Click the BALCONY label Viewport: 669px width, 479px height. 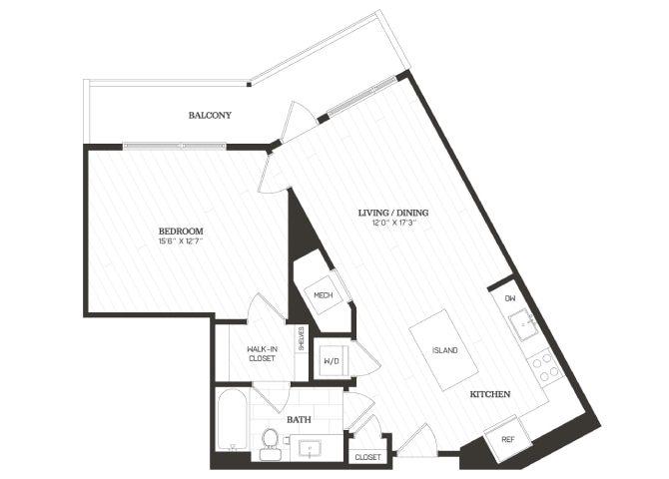210,115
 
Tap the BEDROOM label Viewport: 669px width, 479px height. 181,232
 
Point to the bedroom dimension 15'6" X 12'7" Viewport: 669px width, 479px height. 181,240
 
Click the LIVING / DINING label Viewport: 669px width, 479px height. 393,213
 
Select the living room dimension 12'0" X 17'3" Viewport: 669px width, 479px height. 393,223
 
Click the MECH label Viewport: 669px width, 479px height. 323,295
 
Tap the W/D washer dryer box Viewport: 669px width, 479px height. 332,361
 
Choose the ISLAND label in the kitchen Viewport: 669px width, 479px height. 444,350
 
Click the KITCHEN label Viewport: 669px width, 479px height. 490,394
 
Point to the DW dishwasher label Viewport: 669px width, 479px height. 510,298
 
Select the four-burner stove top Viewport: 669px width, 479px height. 546,367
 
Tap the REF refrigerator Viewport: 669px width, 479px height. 507,439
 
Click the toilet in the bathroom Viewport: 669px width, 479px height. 270,444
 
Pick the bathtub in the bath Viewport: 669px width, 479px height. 232,420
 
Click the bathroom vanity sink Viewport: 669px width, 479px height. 310,449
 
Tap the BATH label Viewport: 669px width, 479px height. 299,420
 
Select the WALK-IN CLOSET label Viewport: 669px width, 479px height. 262,354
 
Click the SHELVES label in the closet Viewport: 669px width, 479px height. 302,338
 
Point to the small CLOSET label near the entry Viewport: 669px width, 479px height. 367,457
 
